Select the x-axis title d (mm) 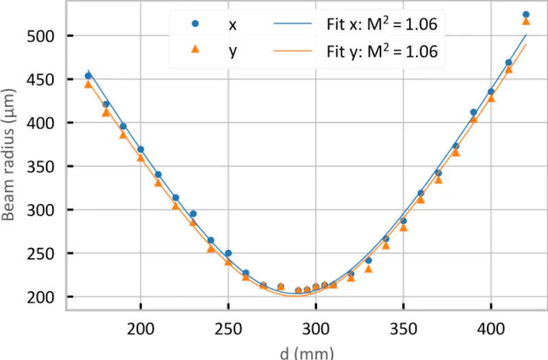307,353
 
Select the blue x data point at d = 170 88,76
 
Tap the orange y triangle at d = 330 369,269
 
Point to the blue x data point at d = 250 228,254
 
